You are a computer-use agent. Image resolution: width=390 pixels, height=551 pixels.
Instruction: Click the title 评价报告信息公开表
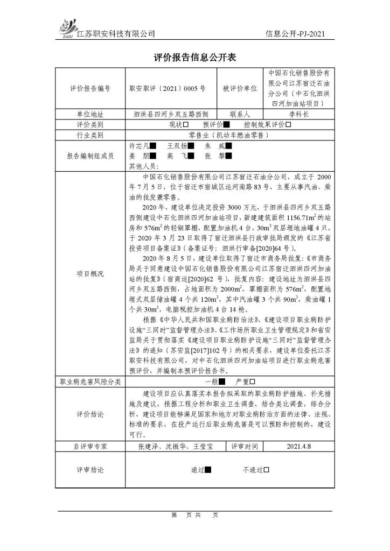coord(194,58)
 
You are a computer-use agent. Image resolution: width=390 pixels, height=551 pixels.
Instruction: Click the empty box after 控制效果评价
coord(288,125)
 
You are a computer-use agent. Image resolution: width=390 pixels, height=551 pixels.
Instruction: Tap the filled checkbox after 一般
coord(221,382)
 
